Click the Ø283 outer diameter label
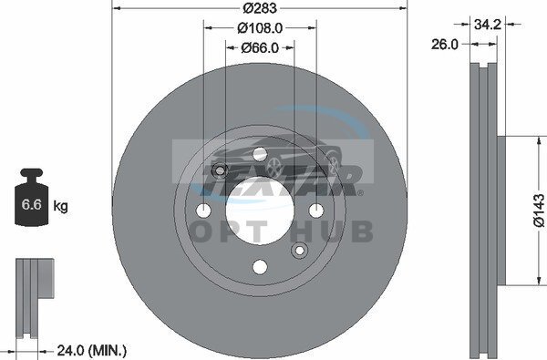coord(260,8)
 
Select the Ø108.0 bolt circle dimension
coord(260,28)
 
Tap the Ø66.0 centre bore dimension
coord(260,47)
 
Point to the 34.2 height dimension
coord(488,24)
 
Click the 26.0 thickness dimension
coord(445,45)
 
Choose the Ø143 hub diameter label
coord(539,211)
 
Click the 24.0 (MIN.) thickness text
coord(92,350)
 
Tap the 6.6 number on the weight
coord(31,204)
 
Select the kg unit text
coord(61,206)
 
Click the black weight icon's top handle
coord(31,172)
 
